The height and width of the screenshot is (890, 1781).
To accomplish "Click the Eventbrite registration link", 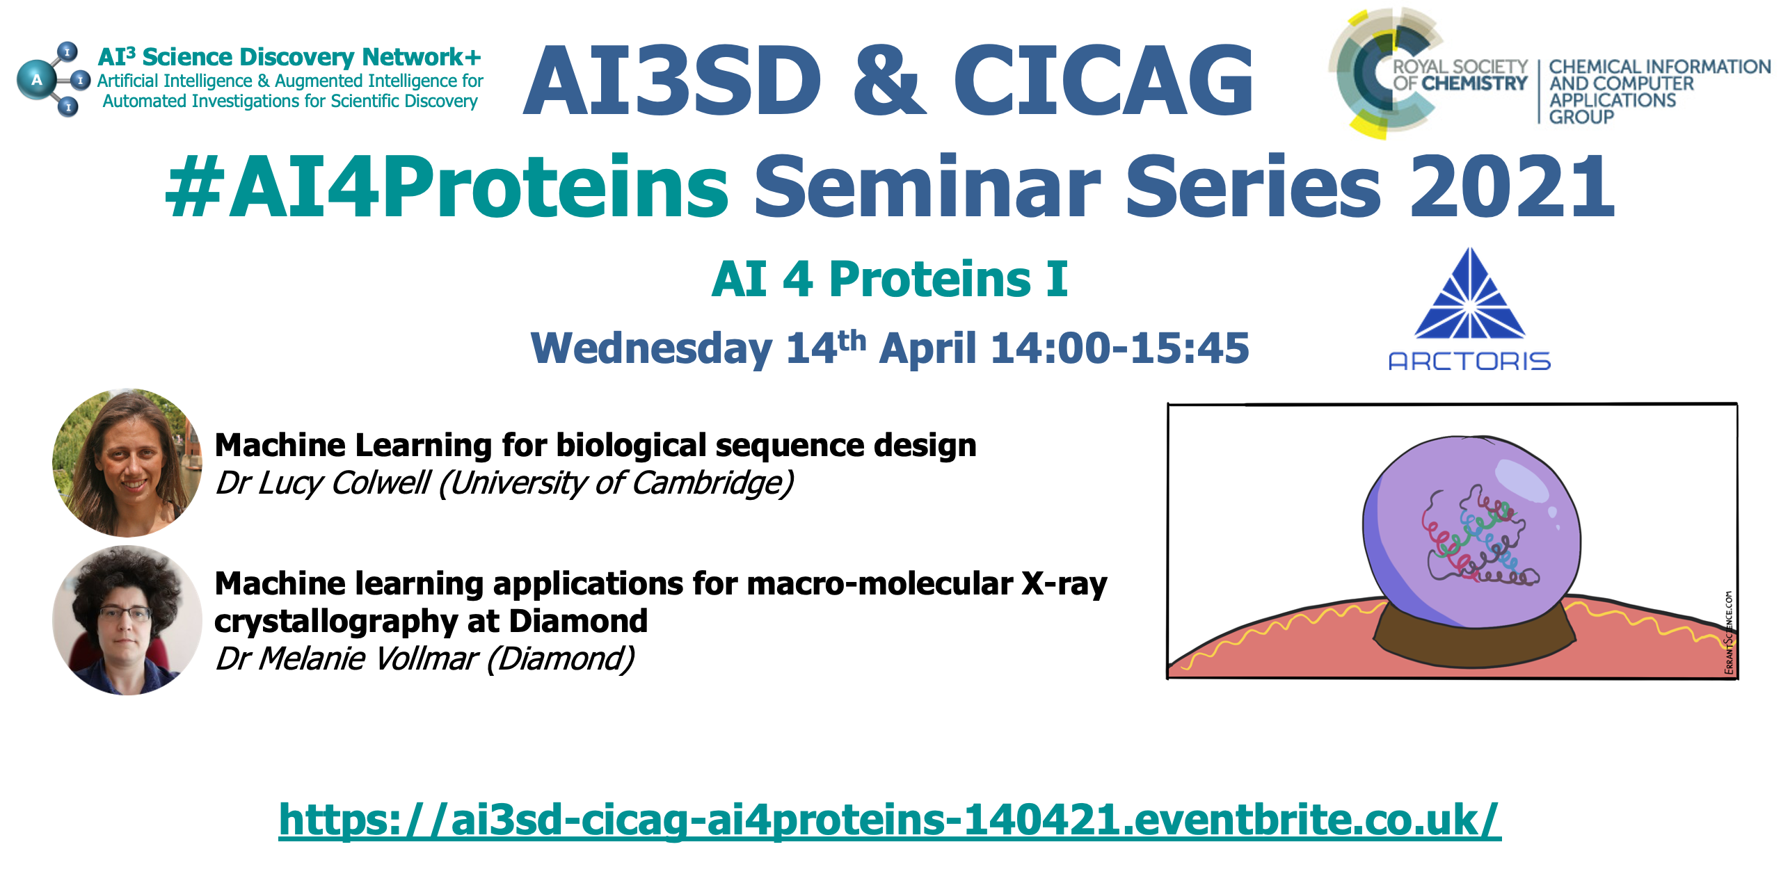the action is coord(890,820).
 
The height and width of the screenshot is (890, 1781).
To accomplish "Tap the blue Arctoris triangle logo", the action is coord(1469,293).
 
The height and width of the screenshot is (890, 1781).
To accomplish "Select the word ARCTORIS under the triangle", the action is coord(1469,361).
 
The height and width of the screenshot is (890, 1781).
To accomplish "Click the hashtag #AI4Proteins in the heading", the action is coord(447,186).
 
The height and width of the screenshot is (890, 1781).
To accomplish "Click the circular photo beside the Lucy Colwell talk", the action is coord(127,462).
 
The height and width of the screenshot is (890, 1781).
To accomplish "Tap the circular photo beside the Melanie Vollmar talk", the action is coord(127,620).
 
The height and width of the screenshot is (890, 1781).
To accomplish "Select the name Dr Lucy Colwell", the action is coord(323,483).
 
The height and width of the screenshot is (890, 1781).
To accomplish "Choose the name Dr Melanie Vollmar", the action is coord(346,658).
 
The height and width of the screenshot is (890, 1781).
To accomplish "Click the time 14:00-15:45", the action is coord(1119,348).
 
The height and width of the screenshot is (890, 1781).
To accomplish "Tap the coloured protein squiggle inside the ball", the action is coord(1478,535).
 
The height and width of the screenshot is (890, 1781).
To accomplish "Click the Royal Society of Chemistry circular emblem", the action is coord(1384,73).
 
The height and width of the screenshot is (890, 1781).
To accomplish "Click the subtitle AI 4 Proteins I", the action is coord(889,279).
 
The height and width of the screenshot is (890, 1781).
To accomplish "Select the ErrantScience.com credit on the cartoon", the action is coord(1729,633).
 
